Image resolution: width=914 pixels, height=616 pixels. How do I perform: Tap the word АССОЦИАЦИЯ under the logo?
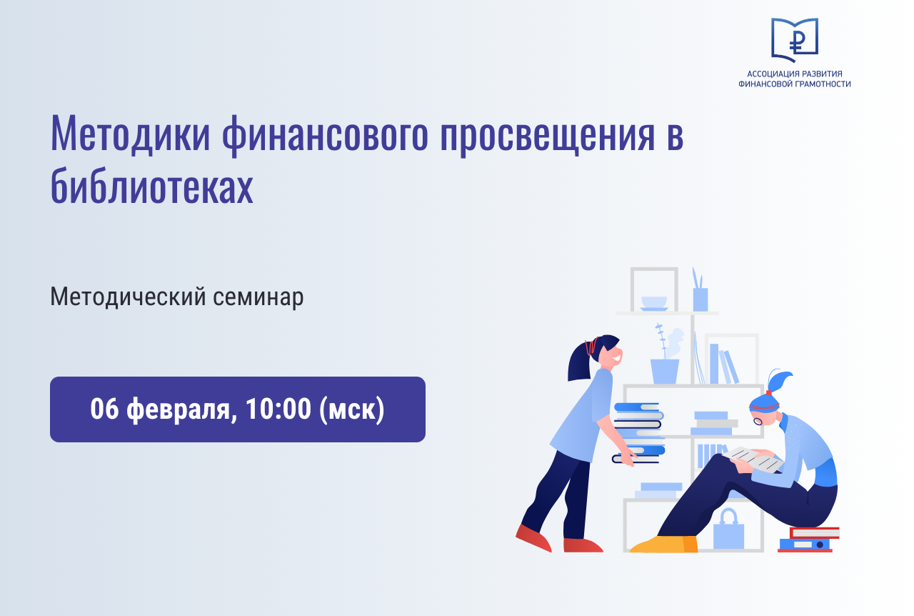point(773,74)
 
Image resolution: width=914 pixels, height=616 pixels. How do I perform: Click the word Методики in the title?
point(130,134)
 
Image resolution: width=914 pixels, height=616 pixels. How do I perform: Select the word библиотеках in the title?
point(152,186)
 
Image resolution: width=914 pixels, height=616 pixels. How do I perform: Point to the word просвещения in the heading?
point(548,136)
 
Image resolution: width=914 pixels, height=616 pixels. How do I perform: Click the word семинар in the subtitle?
point(258,297)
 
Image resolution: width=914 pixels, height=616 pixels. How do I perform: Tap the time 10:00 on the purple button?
point(278,409)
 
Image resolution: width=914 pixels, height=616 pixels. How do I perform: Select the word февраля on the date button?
point(178,409)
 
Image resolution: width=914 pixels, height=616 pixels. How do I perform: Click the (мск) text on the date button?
point(352,409)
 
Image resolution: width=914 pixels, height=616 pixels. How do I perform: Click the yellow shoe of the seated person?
point(664,544)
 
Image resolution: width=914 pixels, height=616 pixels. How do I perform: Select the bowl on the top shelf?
point(654,304)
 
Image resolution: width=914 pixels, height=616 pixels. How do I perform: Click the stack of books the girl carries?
point(638,433)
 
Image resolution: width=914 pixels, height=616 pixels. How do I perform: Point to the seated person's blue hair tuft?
point(778,381)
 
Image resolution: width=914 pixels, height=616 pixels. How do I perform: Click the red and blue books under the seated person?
point(808,540)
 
